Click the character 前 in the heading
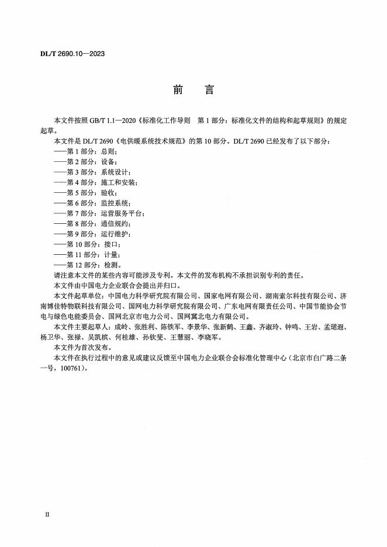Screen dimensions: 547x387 click(178, 91)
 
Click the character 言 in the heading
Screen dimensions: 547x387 click(209, 91)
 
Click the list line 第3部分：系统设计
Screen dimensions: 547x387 click(92, 172)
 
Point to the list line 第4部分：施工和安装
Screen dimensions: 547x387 click(96, 182)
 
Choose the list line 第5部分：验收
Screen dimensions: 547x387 click(85, 192)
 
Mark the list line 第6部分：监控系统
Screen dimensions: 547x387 click(92, 203)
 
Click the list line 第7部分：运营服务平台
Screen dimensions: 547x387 click(99, 213)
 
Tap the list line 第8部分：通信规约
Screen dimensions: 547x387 click(92, 224)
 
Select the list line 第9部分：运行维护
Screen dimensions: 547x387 click(92, 234)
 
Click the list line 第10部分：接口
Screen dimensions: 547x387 click(87, 244)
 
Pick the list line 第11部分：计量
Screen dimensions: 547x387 click(87, 255)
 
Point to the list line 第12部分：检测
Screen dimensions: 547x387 click(87, 265)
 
